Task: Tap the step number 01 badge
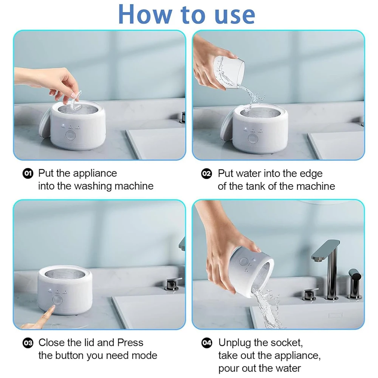[28, 174]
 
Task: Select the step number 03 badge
[28, 343]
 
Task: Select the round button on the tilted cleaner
[243, 262]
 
